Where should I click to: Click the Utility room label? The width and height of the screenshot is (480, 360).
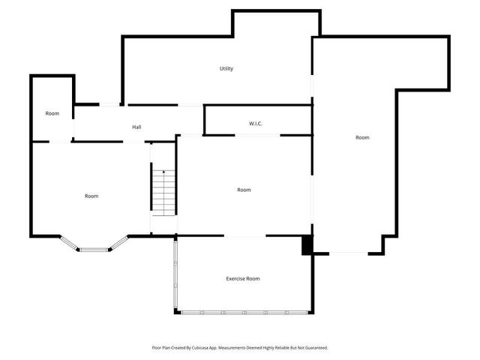[226, 69]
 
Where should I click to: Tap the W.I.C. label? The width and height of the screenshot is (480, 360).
[256, 123]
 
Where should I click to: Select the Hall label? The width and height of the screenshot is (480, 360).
[136, 127]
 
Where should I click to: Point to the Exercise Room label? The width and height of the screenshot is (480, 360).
[243, 279]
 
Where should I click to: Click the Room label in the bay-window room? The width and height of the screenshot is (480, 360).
[91, 196]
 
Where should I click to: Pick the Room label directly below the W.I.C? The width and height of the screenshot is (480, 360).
[244, 190]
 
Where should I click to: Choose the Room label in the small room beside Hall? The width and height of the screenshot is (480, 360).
[52, 114]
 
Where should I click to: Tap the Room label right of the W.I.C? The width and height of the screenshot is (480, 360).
[362, 138]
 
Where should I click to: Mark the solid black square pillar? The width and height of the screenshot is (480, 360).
[307, 245]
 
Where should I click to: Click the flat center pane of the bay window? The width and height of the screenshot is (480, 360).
[95, 250]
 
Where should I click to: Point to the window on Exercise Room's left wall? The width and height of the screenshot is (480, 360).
[175, 274]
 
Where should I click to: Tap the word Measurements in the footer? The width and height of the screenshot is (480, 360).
[224, 348]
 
